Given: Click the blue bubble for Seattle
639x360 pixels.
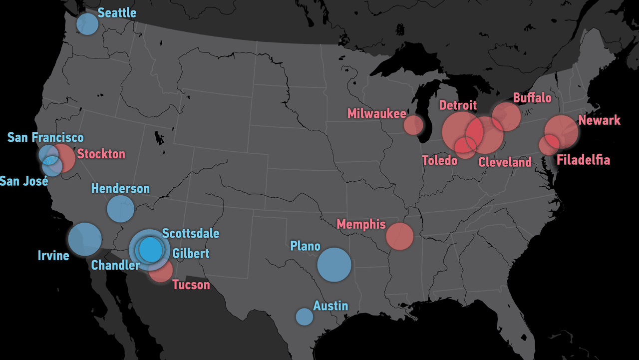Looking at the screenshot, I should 87,23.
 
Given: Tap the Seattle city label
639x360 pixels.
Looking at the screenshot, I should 117,12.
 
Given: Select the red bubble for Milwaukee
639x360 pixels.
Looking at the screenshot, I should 413,125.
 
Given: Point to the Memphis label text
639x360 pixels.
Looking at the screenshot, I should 361,224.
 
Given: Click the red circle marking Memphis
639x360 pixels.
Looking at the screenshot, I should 400,236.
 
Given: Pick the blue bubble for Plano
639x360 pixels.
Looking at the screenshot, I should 334,265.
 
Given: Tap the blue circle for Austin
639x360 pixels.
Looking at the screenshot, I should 304,317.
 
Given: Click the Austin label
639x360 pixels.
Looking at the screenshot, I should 330,306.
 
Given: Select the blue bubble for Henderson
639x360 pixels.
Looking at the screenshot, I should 120,209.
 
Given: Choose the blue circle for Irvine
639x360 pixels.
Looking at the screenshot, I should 84,240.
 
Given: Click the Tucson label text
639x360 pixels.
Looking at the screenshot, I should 191,285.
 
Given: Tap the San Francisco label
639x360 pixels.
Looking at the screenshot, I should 45,137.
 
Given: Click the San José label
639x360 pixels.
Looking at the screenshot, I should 24,181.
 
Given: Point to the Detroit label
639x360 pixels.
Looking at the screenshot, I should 458,105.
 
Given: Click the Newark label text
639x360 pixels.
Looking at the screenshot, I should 599,120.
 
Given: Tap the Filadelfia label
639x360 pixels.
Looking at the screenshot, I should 583,160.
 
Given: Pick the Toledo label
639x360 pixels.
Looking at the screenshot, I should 439,160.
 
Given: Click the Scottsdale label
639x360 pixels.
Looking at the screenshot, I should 191,233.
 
